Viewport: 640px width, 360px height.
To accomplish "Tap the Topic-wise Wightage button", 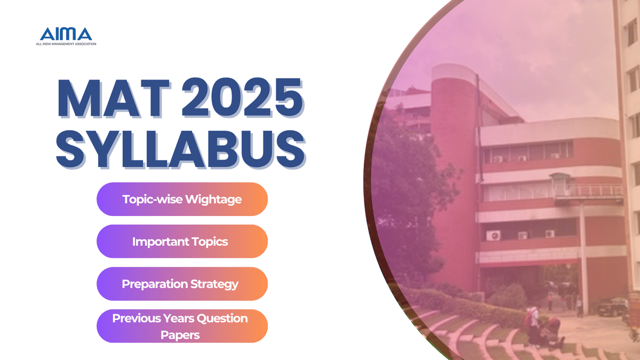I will [x=182, y=199].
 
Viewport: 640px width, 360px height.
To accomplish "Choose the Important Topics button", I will [x=182, y=242].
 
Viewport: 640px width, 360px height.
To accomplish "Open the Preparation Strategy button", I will [x=182, y=284].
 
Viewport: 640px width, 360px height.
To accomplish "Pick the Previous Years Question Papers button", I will [x=182, y=326].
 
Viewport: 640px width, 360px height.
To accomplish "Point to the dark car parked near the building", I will [x=611, y=307].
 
